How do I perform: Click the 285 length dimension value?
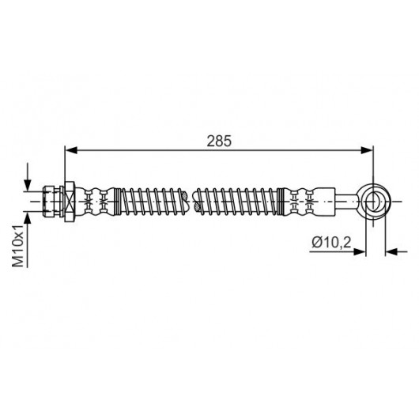pyautogui.click(x=219, y=141)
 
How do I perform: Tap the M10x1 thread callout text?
pyautogui.click(x=18, y=246)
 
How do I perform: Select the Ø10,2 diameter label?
pyautogui.click(x=331, y=243)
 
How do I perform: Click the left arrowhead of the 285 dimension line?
pyautogui.click(x=71, y=150)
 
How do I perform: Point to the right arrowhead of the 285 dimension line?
pyautogui.click(x=367, y=150)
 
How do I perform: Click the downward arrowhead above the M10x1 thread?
pyautogui.click(x=27, y=185)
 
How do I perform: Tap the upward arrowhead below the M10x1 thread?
pyautogui.click(x=27, y=218)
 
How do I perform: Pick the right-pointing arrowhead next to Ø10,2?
pyautogui.click(x=360, y=251)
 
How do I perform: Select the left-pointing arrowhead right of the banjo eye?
pyautogui.click(x=391, y=251)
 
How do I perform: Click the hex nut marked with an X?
pyautogui.click(x=70, y=202)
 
